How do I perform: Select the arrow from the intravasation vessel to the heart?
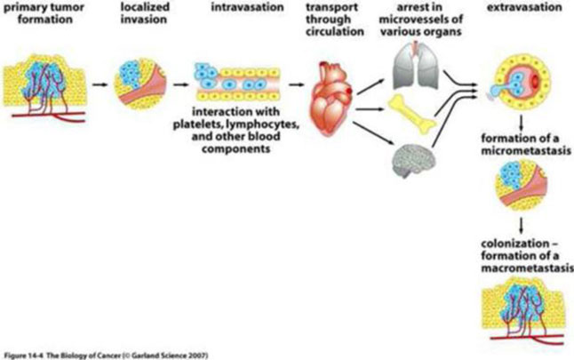coord(299,89)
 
